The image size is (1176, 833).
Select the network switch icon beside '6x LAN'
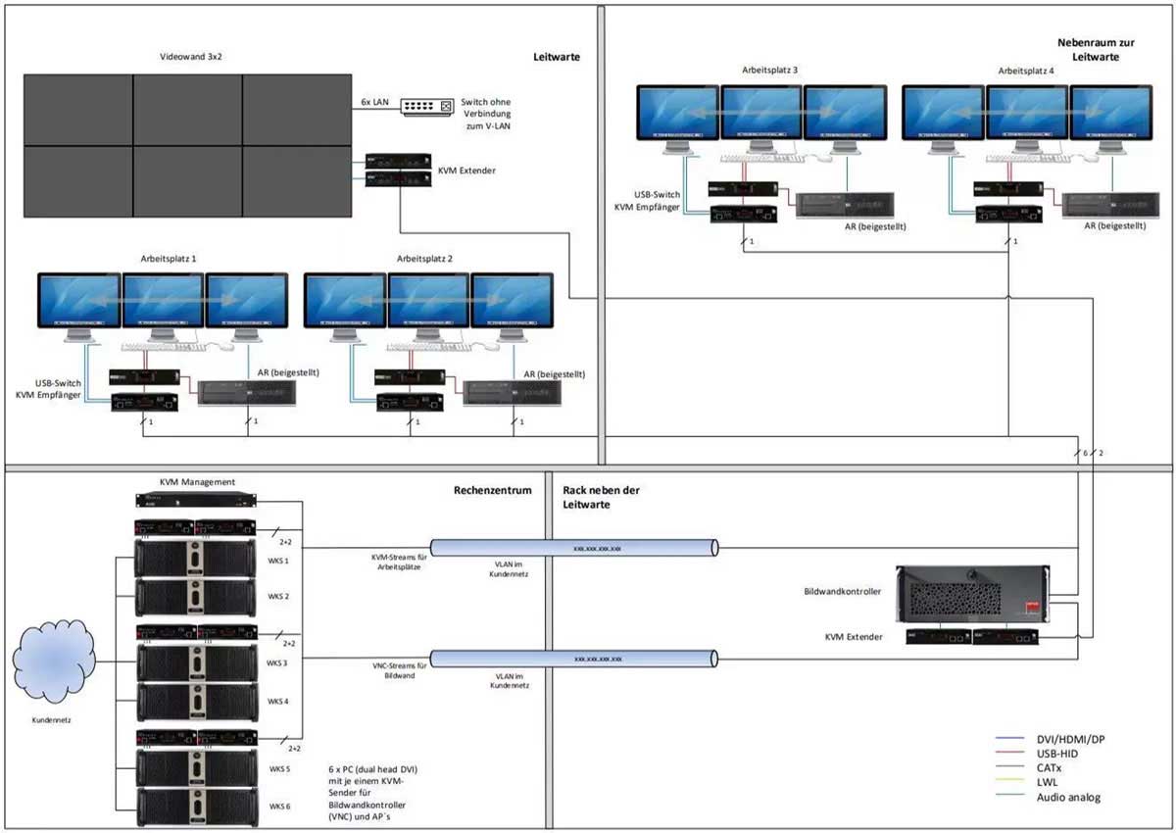428,105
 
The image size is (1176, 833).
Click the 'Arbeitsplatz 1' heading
169,259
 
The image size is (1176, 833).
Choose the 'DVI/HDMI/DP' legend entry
1073,738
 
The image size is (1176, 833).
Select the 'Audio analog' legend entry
1067,797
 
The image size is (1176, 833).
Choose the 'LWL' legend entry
1050,782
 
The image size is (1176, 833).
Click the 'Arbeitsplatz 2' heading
432,259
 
